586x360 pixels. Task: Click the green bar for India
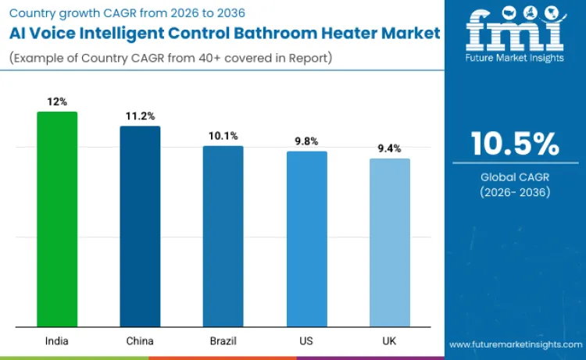tap(57, 219)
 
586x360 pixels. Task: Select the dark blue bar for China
tap(140, 226)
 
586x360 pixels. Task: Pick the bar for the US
tap(306, 238)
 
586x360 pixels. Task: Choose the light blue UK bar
tap(389, 242)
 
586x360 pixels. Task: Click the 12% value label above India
tap(57, 102)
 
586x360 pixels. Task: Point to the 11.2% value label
tap(140, 116)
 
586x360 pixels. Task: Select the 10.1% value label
tap(223, 136)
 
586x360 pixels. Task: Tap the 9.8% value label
tap(306, 141)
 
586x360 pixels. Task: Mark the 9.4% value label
tap(389, 148)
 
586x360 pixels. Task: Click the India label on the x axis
tap(57, 341)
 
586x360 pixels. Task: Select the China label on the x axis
tap(140, 341)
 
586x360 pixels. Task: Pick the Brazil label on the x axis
tap(223, 341)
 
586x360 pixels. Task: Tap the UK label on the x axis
tap(389, 341)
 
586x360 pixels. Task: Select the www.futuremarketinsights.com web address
tap(515, 344)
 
